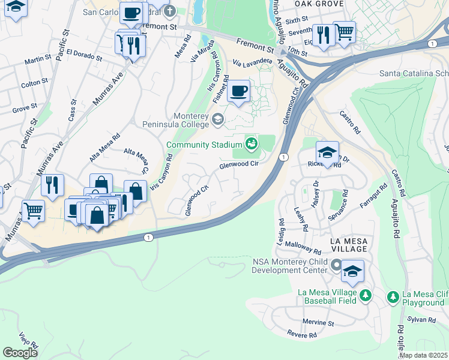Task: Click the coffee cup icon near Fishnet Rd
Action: click(x=240, y=91)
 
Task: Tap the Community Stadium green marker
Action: click(x=251, y=143)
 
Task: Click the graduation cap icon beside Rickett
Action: click(x=327, y=152)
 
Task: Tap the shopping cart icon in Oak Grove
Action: click(x=344, y=32)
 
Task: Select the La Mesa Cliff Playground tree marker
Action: click(x=393, y=296)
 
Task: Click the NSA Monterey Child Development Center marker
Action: click(x=336, y=265)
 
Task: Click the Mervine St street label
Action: click(x=318, y=322)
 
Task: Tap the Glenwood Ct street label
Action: click(x=197, y=201)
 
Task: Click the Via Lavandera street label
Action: click(x=253, y=63)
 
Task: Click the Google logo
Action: click(x=20, y=353)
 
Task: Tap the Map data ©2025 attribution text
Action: click(x=423, y=355)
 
